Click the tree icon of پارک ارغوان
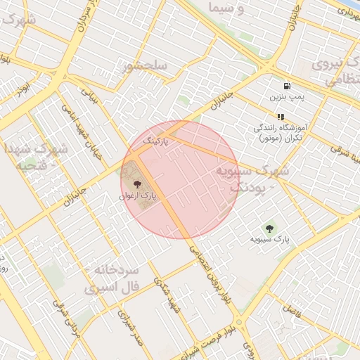136,186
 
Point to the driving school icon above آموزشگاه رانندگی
281,117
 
